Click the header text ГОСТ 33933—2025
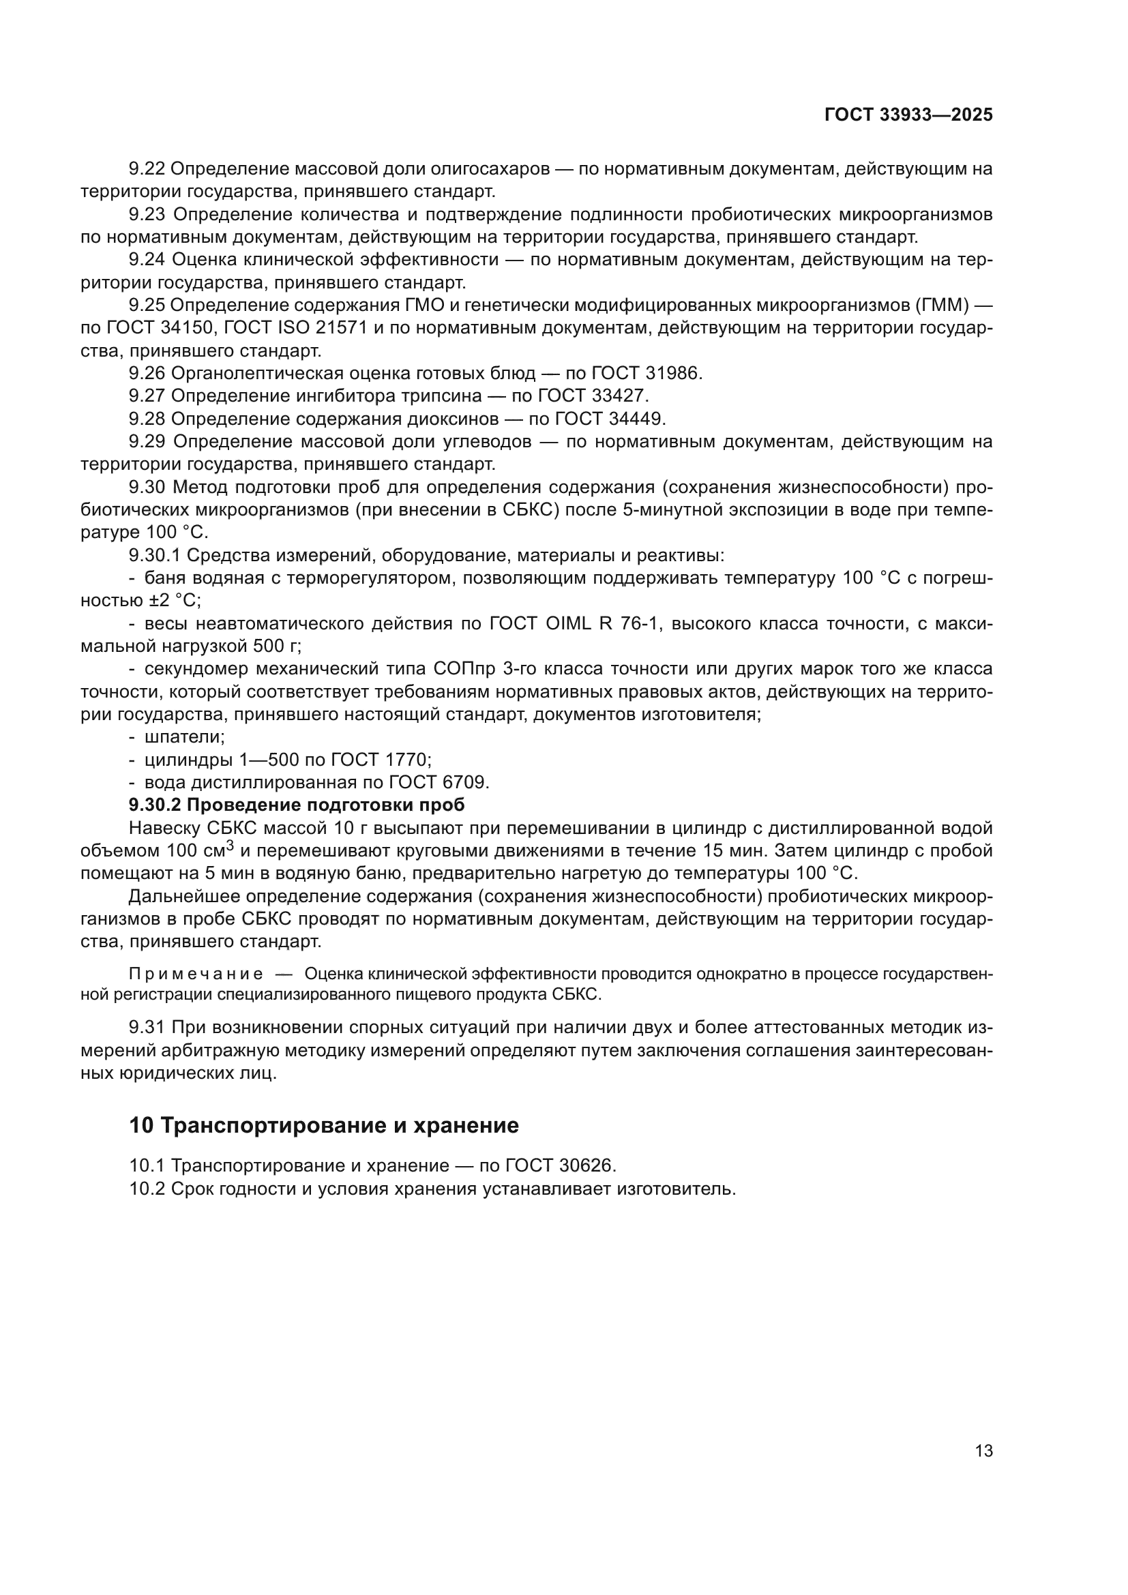(x=908, y=115)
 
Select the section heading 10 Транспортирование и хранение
(x=324, y=1125)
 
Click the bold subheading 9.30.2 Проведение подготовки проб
(x=297, y=805)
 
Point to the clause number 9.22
(x=147, y=169)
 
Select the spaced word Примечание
(x=196, y=974)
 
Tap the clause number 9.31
(x=147, y=1028)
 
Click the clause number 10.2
(x=147, y=1189)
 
